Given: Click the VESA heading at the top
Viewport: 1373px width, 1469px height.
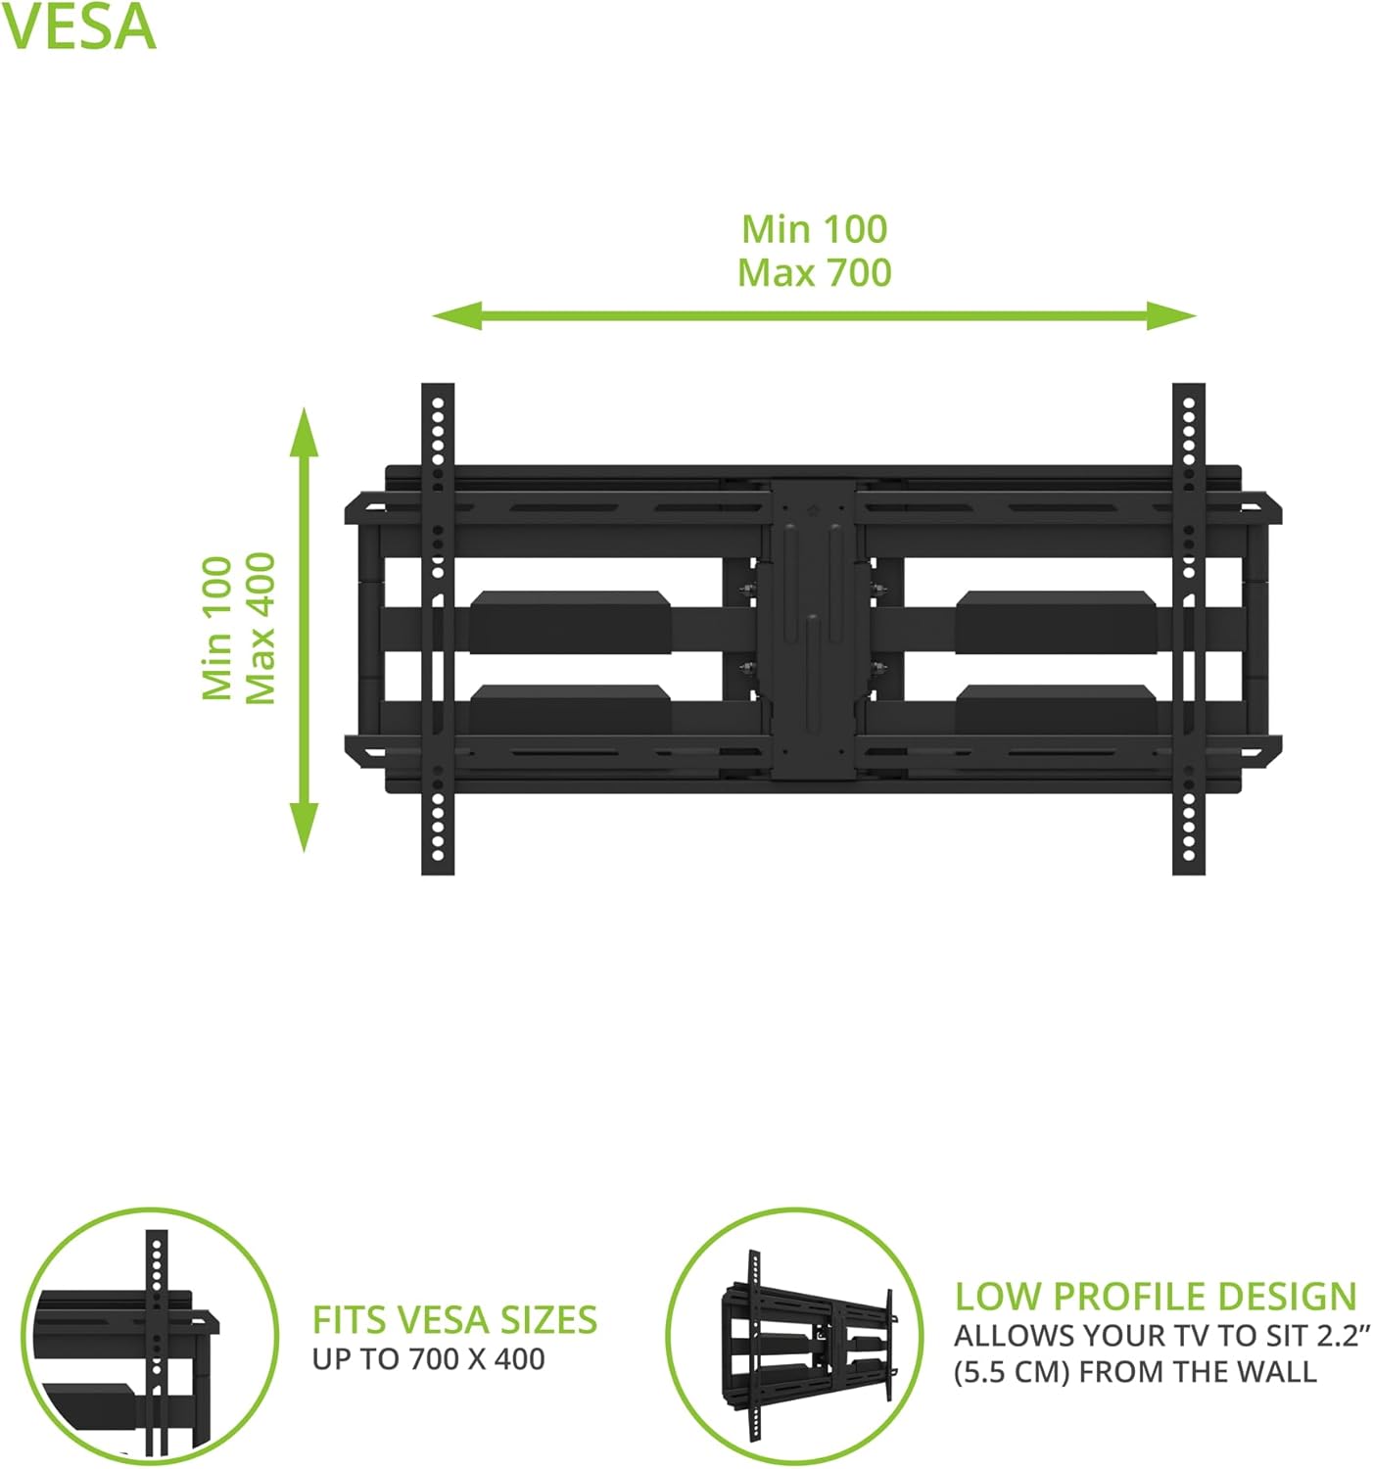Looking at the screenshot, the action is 78,28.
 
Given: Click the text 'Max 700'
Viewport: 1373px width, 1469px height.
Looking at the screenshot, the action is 814,273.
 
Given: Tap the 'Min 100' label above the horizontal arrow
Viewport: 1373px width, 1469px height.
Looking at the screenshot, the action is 814,229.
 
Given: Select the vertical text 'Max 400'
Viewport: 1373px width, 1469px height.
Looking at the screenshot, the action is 260,628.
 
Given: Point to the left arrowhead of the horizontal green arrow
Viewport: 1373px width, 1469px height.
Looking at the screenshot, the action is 457,316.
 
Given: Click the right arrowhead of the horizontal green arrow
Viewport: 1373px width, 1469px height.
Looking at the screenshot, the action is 1171,316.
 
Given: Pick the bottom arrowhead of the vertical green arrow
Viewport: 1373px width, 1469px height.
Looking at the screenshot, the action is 304,827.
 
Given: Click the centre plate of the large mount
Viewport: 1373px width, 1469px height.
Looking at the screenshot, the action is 812,629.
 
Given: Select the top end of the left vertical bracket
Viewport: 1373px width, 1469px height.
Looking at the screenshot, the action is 437,384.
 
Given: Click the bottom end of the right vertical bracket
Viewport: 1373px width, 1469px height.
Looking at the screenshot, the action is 1188,874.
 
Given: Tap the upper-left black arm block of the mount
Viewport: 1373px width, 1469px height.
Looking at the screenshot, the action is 570,622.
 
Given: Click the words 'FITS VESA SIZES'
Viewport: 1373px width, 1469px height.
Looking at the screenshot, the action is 454,1320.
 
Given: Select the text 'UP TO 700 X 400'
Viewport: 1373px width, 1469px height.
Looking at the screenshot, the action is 428,1358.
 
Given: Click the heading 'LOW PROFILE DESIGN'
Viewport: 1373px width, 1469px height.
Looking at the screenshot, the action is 1156,1297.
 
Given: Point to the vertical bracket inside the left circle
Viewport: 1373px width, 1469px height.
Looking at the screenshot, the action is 157,1347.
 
